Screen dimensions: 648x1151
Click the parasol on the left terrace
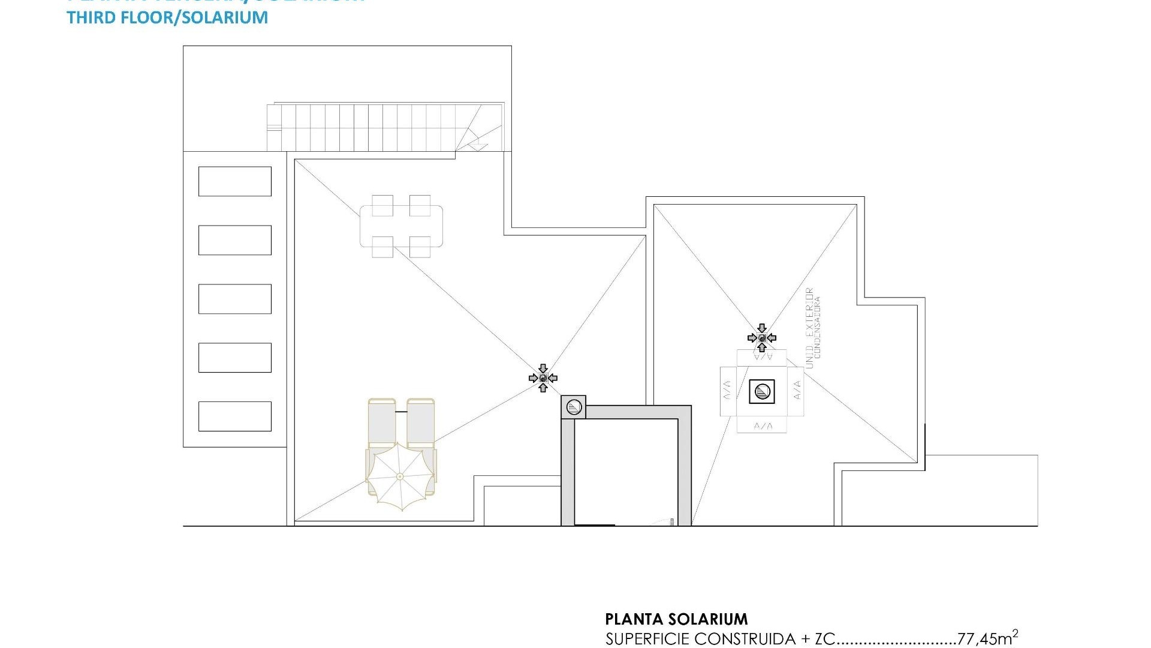point(400,476)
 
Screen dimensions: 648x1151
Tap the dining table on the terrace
point(401,226)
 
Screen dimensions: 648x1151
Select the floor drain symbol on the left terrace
point(543,378)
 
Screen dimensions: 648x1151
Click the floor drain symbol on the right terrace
point(762,338)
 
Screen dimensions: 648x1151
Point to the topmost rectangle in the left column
point(234,181)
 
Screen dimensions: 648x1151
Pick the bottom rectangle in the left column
point(234,416)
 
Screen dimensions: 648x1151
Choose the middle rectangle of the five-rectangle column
point(234,299)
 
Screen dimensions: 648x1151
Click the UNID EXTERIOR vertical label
point(809,328)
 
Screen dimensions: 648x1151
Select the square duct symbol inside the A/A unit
point(762,392)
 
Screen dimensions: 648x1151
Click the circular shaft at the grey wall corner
point(574,407)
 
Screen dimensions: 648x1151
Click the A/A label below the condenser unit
point(762,426)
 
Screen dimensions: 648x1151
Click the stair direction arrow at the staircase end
point(478,144)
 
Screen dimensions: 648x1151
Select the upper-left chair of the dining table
point(382,205)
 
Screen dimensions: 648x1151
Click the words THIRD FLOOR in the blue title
point(121,17)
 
